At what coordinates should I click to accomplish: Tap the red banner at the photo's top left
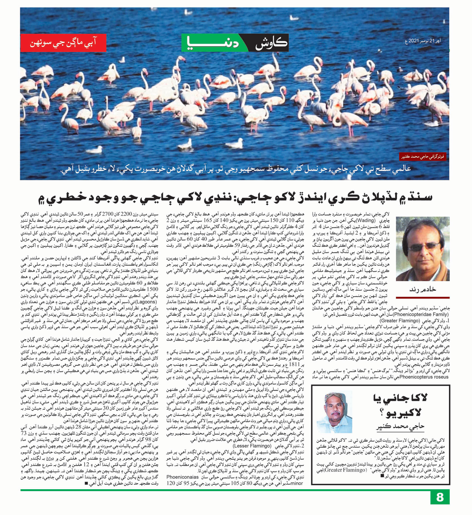click(63, 43)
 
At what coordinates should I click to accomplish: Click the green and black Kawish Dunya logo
click(235, 43)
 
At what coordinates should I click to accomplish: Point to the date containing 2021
click(423, 41)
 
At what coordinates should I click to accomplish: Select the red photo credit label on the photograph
click(423, 156)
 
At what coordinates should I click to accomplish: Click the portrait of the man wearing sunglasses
click(423, 249)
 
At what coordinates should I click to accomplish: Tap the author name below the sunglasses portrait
click(423, 289)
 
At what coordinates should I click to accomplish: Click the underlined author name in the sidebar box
click(400, 427)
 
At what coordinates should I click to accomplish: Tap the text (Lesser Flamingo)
click(252, 446)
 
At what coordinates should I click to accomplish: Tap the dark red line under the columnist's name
click(423, 297)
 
